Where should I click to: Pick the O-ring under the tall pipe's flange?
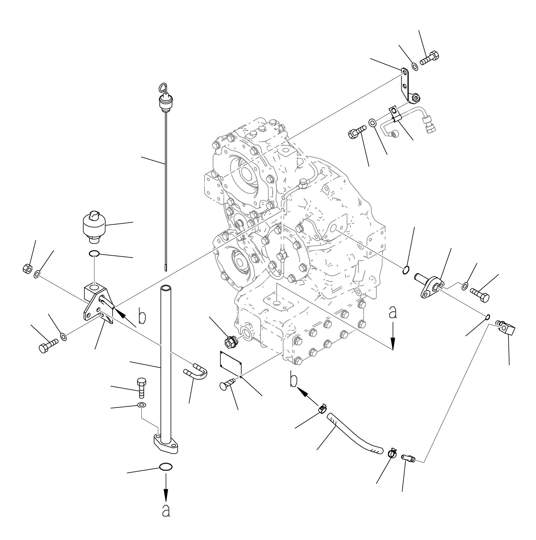166,467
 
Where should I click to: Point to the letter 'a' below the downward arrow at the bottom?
166,510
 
